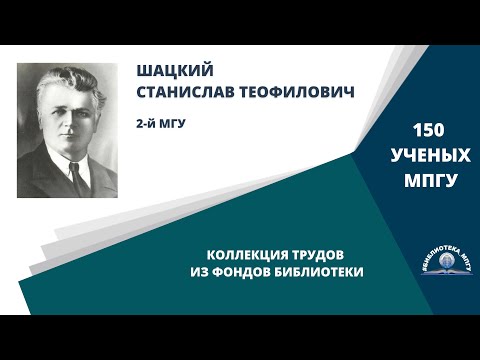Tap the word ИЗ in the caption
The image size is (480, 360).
[x=198, y=272]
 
